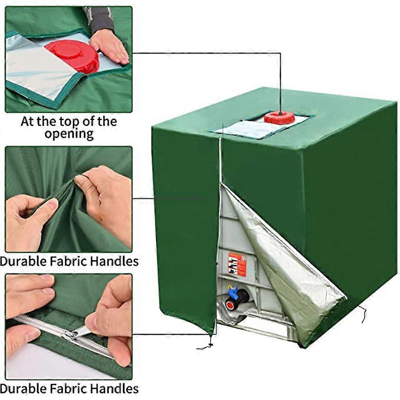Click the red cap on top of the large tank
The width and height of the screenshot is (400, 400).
point(279,117)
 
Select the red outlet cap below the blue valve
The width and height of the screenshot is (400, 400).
point(230,305)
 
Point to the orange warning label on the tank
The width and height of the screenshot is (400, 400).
point(237,264)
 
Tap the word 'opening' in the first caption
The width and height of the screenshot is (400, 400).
point(69,134)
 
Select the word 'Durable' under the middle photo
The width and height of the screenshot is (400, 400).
point(23,261)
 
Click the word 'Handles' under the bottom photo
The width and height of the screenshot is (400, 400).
point(114,389)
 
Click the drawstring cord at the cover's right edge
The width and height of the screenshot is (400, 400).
point(362,314)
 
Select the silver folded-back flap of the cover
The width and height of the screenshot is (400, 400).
point(283,263)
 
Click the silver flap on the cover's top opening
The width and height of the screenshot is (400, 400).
point(246,130)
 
